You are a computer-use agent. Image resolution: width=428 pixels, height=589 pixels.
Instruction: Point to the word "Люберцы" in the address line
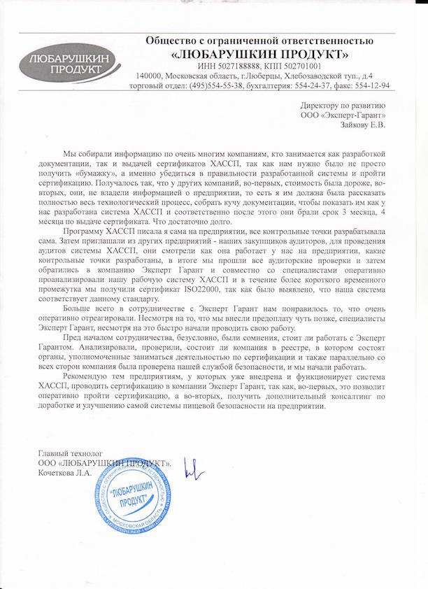(x=262, y=75)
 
